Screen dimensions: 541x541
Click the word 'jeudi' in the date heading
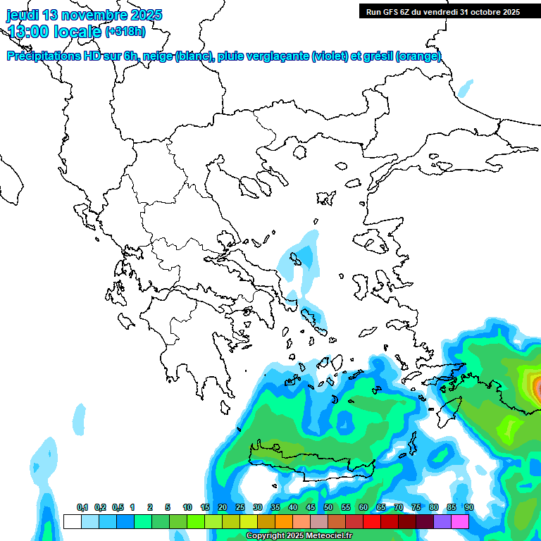click(23, 15)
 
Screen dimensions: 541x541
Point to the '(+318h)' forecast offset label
click(126, 31)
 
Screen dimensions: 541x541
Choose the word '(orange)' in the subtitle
click(418, 56)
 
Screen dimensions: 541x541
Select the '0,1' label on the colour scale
click(82, 508)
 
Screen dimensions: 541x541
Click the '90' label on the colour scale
click(468, 508)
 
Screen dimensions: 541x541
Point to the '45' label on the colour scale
click(311, 508)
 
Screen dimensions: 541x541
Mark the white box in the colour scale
click(72, 521)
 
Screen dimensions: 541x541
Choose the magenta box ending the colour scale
click(460, 521)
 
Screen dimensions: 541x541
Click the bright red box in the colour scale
click(372, 521)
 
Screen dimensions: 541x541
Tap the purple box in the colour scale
click(442, 521)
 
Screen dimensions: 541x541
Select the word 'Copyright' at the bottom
click(265, 536)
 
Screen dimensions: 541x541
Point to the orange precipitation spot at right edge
click(537, 386)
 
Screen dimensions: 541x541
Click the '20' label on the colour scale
click(223, 508)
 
